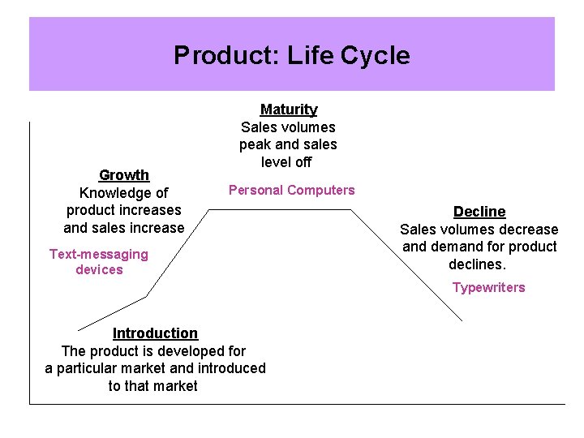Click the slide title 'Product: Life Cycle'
(x=291, y=55)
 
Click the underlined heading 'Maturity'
(x=288, y=109)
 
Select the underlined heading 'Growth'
(x=123, y=174)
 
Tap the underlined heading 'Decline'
(x=479, y=211)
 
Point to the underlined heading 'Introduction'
(x=155, y=333)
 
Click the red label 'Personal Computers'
(x=291, y=190)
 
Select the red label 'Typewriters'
(x=488, y=287)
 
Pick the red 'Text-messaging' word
(x=98, y=254)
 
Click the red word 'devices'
(x=99, y=269)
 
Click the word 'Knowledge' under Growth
(x=112, y=193)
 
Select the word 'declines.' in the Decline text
(x=478, y=264)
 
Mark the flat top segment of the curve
(x=280, y=209)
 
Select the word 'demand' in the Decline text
(x=453, y=247)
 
